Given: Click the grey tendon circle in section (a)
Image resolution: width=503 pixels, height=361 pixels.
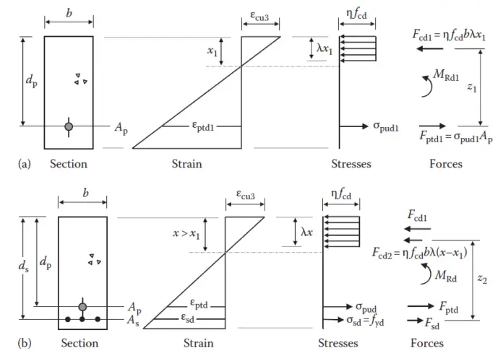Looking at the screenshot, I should click(69, 126).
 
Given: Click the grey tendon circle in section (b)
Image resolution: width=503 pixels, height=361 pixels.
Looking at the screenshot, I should click(82, 307).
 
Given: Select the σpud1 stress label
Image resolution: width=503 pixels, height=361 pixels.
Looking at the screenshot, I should click(386, 127).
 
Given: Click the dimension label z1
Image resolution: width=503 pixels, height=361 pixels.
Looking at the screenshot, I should click(471, 87).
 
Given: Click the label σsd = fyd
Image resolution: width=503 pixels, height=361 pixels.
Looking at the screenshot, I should click(367, 319).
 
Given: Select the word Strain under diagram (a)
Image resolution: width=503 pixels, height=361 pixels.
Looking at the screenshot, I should click(186, 164).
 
